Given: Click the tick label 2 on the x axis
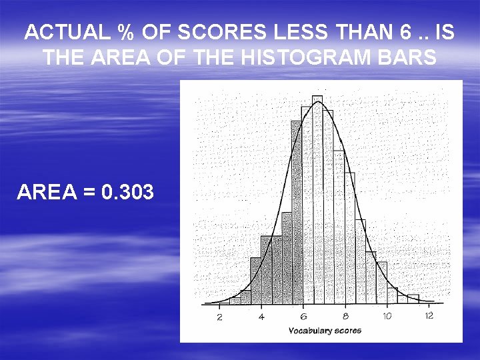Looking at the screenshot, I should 220,316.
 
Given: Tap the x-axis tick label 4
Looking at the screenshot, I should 261,316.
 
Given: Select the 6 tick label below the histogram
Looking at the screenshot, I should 303,316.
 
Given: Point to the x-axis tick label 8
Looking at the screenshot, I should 345,316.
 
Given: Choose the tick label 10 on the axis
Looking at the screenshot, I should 387,316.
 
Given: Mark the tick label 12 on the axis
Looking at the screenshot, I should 429,315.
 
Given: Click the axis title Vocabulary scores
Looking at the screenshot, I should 325,331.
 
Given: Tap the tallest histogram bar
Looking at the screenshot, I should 317,200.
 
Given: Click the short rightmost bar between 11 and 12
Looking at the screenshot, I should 413,299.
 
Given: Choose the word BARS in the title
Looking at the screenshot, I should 409,57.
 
